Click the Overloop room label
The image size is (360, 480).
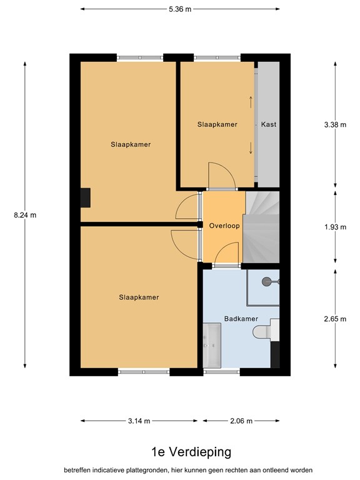(224, 226)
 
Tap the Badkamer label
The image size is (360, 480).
(241, 319)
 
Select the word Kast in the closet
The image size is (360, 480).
(269, 124)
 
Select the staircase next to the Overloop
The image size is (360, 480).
(262, 226)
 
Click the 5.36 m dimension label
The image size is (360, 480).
(179, 9)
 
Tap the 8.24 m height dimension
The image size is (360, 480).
(25, 215)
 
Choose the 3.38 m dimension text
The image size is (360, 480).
(335, 124)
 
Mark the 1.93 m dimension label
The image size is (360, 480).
(335, 227)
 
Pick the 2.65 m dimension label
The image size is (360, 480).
(335, 319)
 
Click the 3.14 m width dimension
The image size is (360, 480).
(139, 421)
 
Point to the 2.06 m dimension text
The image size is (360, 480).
(241, 421)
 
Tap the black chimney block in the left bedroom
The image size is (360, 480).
(86, 197)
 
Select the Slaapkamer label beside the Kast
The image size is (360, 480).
(217, 124)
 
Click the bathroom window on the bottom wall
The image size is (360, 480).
(222, 372)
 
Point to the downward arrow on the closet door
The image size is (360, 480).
(251, 148)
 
